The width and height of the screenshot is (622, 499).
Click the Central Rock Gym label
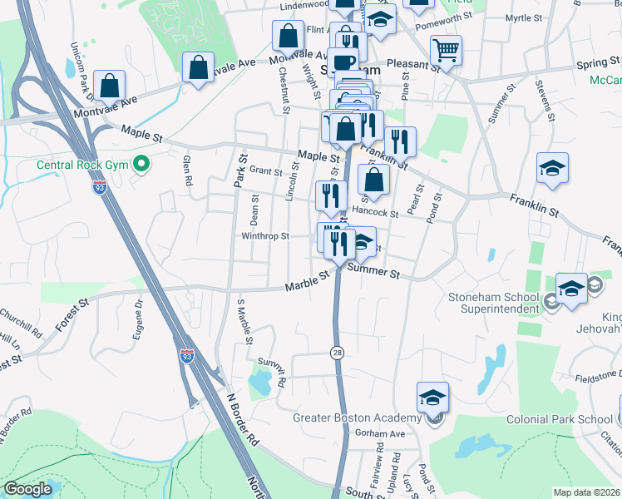pos(81,164)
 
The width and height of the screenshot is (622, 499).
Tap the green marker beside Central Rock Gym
pos(141,164)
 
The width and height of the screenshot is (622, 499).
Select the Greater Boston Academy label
pos(358,417)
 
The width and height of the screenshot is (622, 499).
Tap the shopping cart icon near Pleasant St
pos(447,52)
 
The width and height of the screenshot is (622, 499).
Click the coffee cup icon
pos(343,62)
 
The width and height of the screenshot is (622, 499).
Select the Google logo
pos(27,489)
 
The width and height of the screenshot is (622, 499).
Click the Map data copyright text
pos(587,492)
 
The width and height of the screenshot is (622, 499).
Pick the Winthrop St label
pos(264,235)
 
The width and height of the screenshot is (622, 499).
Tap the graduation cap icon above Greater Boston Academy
pos(432,398)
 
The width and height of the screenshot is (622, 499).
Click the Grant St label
pos(266,170)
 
